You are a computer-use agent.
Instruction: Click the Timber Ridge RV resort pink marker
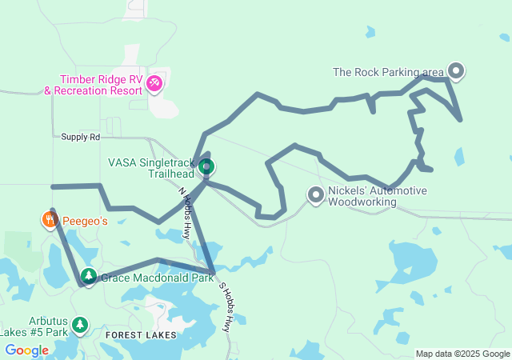coord(155,82)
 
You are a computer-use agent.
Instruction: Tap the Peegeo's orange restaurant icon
coord(50,219)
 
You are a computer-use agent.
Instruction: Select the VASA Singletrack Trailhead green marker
coord(206,166)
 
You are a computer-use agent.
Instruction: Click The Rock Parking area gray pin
coord(456,71)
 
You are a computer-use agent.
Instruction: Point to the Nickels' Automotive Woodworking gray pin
coord(316,194)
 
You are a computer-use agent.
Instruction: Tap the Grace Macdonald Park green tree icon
coord(88,277)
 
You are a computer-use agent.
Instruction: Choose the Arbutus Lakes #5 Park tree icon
coord(79,324)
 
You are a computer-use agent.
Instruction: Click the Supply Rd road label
coord(80,137)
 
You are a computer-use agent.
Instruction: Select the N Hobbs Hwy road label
coord(185,214)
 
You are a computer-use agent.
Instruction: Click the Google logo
coord(26,350)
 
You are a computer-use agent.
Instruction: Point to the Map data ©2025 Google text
coord(462,354)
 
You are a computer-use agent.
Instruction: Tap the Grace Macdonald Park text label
coord(157,278)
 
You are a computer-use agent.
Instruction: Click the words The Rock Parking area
coord(389,73)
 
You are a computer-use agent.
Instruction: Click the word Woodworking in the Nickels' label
coord(366,202)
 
